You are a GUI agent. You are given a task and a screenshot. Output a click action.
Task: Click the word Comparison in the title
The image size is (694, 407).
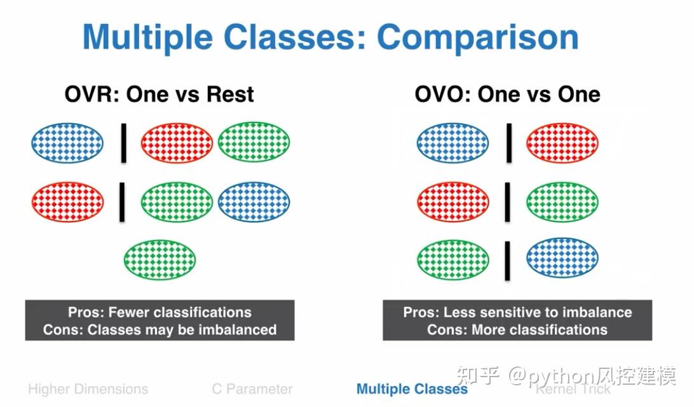click(x=477, y=37)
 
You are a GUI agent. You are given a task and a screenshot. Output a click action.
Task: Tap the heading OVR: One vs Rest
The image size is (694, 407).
click(x=160, y=94)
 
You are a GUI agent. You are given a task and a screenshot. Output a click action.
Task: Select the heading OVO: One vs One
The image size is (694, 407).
click(x=507, y=94)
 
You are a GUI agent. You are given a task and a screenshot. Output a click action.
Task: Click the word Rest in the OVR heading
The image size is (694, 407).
click(x=230, y=94)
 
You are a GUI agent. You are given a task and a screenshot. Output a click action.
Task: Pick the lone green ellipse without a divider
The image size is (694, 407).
click(x=160, y=260)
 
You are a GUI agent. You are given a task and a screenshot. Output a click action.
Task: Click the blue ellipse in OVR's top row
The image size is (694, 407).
click(x=67, y=143)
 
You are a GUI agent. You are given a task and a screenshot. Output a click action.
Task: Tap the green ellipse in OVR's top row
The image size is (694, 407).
click(x=254, y=142)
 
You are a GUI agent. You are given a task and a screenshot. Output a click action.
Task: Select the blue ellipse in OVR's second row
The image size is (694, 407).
click(x=254, y=201)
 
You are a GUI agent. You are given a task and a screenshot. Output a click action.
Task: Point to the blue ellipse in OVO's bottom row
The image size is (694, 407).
click(x=562, y=258)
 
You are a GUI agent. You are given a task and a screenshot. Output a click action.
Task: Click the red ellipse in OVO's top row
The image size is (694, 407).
click(x=562, y=143)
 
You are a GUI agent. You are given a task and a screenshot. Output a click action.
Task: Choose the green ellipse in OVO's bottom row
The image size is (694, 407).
click(x=452, y=260)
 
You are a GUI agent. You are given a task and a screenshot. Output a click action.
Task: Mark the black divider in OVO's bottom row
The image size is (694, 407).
click(x=508, y=260)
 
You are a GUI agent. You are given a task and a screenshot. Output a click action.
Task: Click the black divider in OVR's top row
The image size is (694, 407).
click(x=124, y=143)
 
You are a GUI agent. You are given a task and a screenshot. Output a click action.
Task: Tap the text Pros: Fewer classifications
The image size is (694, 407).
click(x=160, y=312)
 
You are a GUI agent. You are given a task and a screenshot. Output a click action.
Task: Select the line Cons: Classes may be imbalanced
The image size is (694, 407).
click(x=160, y=330)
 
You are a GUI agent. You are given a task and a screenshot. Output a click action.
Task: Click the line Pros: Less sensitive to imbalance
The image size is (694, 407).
click(x=517, y=312)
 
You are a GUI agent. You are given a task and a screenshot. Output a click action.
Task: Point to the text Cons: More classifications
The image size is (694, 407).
click(x=517, y=330)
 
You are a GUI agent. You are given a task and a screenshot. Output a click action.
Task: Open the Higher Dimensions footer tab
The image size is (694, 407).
click(x=88, y=389)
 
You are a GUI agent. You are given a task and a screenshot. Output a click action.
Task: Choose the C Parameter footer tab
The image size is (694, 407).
click(x=252, y=389)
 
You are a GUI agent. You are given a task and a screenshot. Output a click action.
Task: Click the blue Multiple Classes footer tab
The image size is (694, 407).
click(x=412, y=389)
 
